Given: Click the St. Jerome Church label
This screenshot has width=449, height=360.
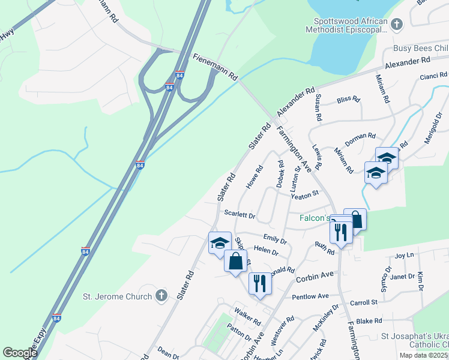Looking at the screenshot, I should pos(116,296).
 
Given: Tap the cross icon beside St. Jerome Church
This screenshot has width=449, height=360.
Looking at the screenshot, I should pos(160,295).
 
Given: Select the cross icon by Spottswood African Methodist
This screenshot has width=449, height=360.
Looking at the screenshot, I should pos(396,25).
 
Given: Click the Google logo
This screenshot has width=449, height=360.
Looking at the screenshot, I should pos(20,353).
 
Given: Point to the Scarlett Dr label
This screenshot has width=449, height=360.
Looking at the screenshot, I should pos(240,214).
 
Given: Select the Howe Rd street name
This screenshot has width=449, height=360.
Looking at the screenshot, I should pos(255,176).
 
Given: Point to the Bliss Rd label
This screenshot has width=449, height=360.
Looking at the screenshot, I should pos(348,100).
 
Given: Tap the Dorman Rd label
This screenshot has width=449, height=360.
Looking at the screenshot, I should pos(360,137).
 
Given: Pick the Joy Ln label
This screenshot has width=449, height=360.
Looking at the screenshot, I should pos(405,256).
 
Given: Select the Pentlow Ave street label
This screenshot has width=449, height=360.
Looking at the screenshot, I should pos(310,296).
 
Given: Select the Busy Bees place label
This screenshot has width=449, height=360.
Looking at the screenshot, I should pos(420,48).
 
